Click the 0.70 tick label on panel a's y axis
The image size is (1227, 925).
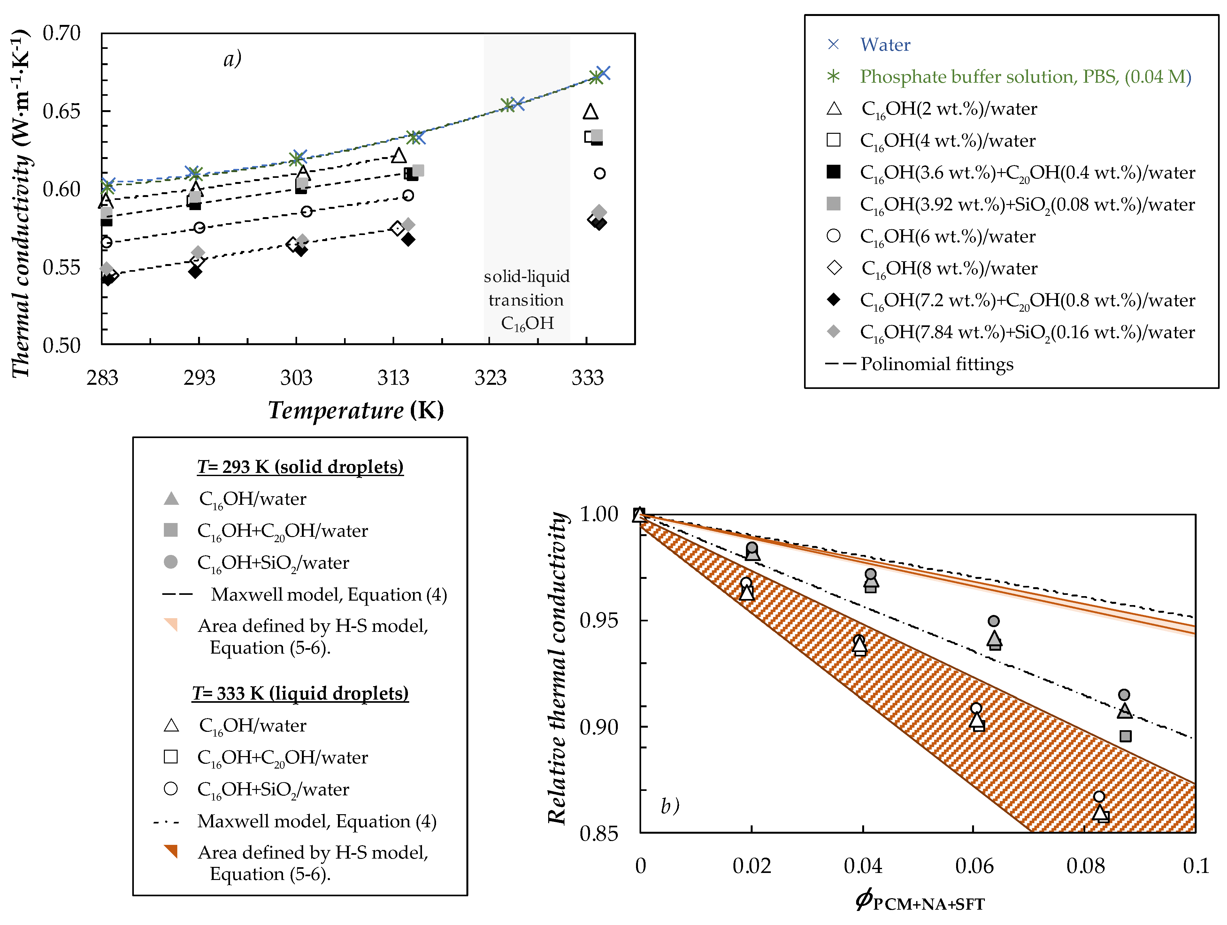[x=62, y=33]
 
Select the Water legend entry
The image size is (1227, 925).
[x=885, y=45]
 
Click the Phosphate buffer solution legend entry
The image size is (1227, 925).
[x=1025, y=77]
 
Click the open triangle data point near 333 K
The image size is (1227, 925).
[x=591, y=112]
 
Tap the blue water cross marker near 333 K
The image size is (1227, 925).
[x=603, y=73]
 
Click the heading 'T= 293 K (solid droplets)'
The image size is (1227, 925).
[x=300, y=467]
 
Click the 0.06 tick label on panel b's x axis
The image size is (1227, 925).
[x=974, y=866]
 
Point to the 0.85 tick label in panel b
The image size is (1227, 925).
[x=599, y=833]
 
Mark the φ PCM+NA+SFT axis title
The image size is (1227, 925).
[x=920, y=901]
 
